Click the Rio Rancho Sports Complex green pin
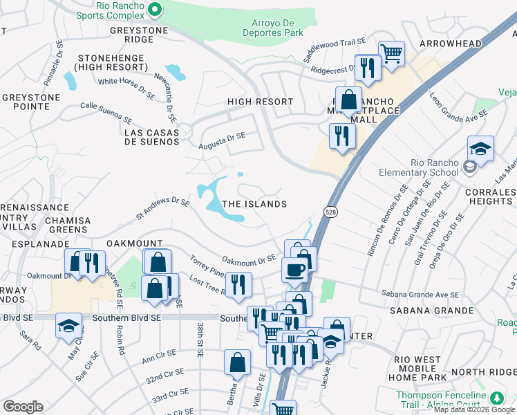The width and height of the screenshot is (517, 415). pyautogui.click(x=155, y=10)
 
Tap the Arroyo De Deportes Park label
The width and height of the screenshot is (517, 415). pyautogui.click(x=274, y=28)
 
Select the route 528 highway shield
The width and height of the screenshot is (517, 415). pyautogui.click(x=332, y=213)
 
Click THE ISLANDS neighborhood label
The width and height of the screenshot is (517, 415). pyautogui.click(x=254, y=204)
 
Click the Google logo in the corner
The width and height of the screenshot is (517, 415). pyautogui.click(x=23, y=407)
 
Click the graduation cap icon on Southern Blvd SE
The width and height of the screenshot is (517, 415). pyautogui.click(x=68, y=324)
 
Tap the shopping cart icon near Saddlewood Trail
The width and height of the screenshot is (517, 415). pyautogui.click(x=391, y=52)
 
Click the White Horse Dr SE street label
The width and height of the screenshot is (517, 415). pyautogui.click(x=126, y=84)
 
